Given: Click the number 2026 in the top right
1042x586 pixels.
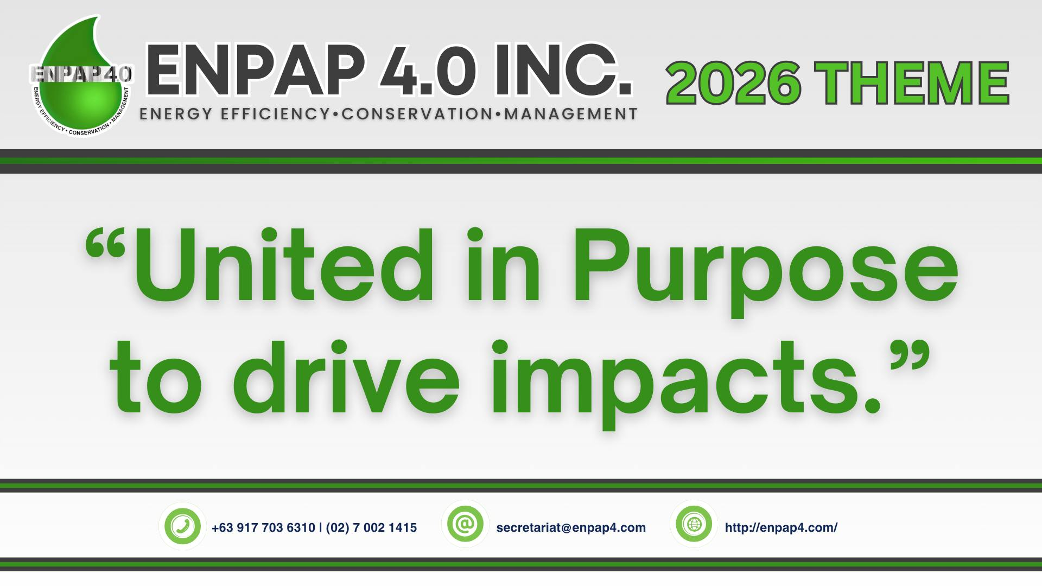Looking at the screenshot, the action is coord(733,84).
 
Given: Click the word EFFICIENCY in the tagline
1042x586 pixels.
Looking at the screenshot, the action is coord(276,114).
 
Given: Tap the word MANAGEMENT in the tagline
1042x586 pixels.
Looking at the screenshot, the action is coord(570,114).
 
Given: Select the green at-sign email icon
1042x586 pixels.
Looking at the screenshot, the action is coord(466,524).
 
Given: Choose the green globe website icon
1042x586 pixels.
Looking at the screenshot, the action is coord(694,524).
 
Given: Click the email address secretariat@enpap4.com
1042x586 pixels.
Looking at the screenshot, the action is coord(571,527).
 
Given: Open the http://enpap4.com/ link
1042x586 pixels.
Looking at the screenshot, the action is coord(781,527).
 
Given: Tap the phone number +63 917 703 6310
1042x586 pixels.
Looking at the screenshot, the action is coord(263,527).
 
